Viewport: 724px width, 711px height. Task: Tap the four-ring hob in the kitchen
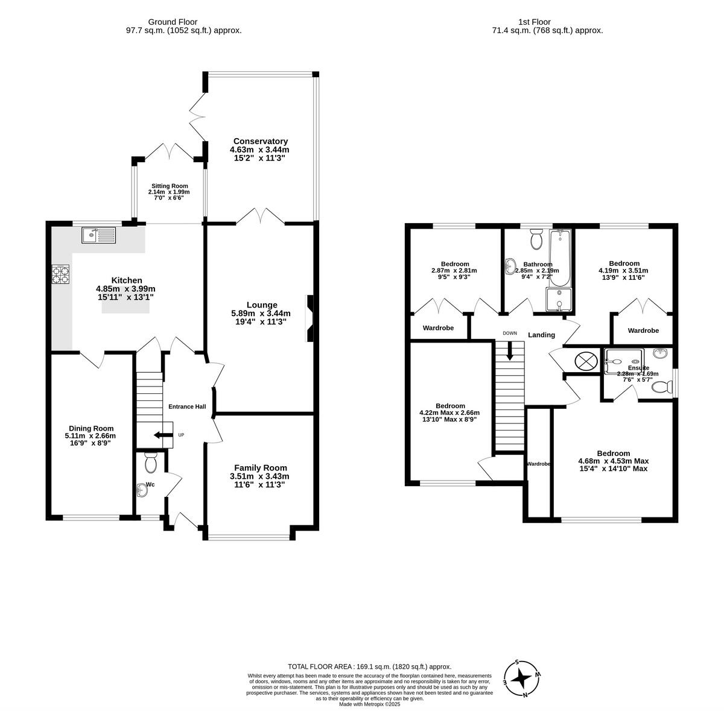click(60, 275)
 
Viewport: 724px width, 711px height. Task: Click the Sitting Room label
click(169, 186)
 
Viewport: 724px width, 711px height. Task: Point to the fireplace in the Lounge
click(310, 318)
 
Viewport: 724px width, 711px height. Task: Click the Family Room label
click(260, 467)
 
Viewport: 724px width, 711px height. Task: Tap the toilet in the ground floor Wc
click(150, 463)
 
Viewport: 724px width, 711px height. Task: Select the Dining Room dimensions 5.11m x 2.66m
click(91, 435)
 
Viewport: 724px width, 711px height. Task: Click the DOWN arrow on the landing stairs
click(510, 352)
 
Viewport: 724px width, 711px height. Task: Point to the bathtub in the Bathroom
click(559, 259)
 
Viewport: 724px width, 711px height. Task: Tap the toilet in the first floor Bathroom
click(535, 241)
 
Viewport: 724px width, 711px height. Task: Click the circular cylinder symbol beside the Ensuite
click(585, 361)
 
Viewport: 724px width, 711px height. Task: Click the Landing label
click(541, 335)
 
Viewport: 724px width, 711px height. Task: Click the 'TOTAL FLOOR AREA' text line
click(369, 666)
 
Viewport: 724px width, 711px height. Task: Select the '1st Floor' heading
click(546, 22)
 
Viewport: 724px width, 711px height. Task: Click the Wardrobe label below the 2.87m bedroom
click(438, 329)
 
